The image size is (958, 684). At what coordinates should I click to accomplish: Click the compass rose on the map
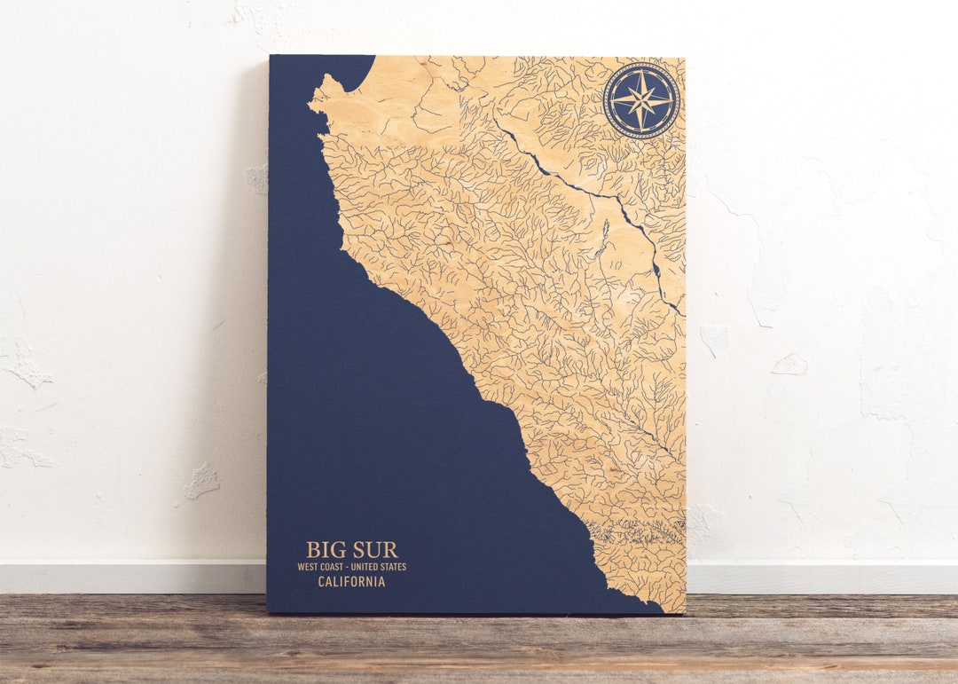tap(641, 100)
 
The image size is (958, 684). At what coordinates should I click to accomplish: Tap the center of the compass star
tap(641, 100)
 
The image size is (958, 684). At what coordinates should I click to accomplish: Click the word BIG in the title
tap(326, 550)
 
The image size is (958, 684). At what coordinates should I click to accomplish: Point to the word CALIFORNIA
tap(352, 582)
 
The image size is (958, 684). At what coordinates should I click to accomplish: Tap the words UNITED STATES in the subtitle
tap(379, 566)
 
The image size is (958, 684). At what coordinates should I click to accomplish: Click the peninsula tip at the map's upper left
tap(311, 105)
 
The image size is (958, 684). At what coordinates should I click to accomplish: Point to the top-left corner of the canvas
tap(270, 56)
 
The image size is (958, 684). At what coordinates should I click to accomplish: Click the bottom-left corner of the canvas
tap(268, 612)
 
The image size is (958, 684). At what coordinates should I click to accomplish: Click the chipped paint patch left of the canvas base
tap(201, 481)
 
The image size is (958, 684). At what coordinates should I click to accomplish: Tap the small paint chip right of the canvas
tap(789, 364)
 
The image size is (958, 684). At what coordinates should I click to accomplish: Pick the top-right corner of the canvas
tap(684, 58)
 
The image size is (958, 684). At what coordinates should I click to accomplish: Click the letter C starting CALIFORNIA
tap(322, 582)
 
